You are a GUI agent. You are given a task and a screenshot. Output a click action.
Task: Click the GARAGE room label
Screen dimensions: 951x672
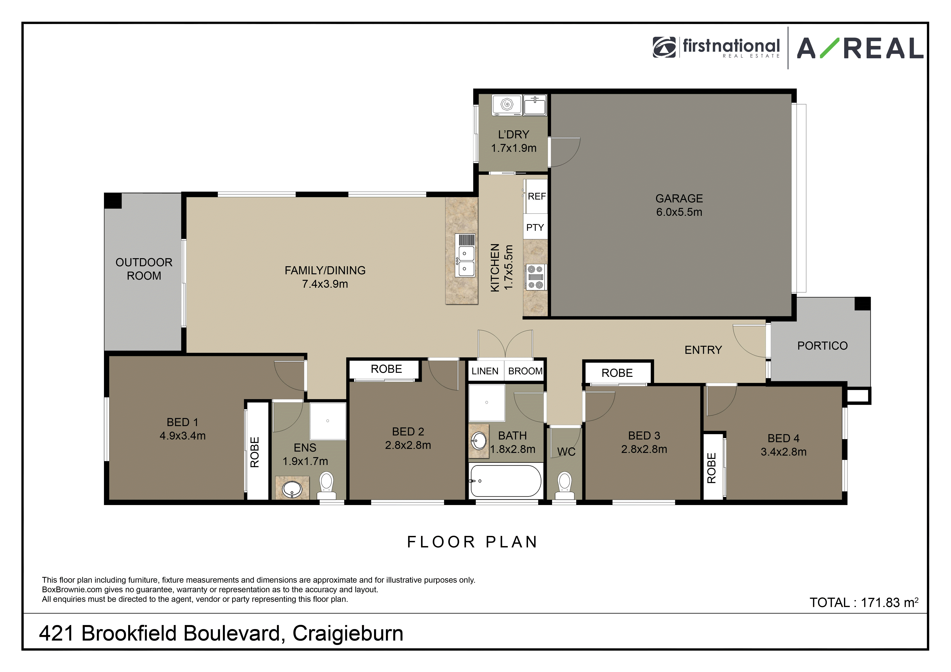(x=679, y=199)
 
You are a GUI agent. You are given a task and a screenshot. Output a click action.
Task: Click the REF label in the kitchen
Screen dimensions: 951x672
(x=537, y=196)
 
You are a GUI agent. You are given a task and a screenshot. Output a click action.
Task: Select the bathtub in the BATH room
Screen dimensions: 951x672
(x=505, y=480)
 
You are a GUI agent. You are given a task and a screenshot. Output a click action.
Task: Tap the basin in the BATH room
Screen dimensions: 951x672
(x=479, y=441)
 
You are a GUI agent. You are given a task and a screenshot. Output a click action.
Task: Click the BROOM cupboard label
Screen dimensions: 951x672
(x=525, y=371)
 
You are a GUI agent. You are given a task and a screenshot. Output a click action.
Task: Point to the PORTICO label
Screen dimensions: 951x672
(x=822, y=346)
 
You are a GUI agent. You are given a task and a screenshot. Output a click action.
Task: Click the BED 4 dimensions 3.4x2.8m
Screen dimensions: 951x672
(x=783, y=452)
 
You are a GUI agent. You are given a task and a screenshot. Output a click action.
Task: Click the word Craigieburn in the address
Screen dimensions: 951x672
(x=348, y=633)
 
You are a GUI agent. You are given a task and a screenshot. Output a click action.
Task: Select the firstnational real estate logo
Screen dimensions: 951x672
(x=716, y=48)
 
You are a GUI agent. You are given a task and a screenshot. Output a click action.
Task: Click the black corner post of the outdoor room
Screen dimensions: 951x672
(x=113, y=201)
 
